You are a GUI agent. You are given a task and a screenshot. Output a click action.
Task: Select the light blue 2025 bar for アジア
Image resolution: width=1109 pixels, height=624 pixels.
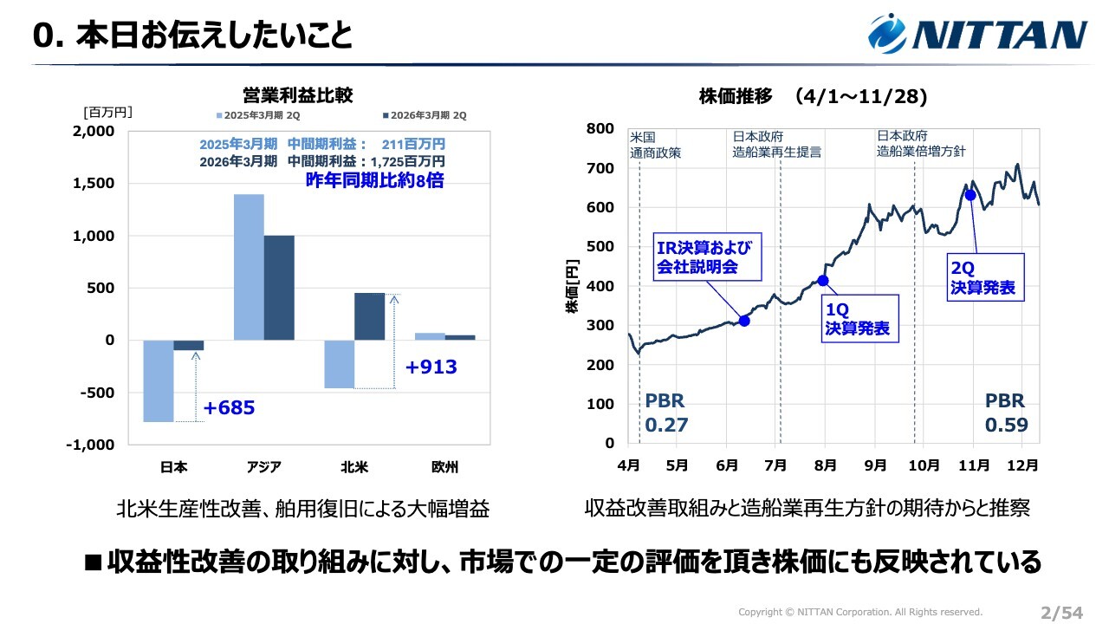tap(249, 267)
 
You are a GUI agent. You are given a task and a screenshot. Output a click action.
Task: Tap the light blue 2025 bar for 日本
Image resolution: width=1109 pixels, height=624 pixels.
tap(158, 380)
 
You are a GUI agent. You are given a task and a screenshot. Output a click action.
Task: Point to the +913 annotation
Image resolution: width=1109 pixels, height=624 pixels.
tap(431, 367)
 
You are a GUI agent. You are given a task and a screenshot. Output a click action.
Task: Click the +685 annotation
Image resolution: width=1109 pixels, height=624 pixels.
tap(229, 408)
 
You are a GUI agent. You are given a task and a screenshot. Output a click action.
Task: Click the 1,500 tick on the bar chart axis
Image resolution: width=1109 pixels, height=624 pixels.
tap(92, 184)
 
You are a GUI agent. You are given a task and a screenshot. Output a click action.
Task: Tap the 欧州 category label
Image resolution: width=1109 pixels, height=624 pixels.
tap(444, 467)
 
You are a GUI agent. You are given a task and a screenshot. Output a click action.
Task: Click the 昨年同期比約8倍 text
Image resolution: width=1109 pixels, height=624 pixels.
tap(374, 181)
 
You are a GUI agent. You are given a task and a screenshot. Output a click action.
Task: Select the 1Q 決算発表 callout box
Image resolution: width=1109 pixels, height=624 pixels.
tap(856, 318)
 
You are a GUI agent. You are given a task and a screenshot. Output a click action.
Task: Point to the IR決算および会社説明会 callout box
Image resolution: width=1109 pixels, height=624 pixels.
tap(708, 257)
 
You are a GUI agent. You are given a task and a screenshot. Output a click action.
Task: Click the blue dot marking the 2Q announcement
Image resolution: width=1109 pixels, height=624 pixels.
tap(970, 195)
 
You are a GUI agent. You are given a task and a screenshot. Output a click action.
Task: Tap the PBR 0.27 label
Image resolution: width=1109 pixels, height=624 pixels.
tap(665, 413)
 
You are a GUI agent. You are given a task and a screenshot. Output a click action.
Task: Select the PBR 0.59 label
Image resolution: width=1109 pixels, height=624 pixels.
tap(1006, 413)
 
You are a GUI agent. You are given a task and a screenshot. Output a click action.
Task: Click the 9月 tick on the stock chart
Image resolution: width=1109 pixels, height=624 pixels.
tap(875, 465)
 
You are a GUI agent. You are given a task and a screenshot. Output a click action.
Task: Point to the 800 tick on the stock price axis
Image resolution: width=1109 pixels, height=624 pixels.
tap(600, 129)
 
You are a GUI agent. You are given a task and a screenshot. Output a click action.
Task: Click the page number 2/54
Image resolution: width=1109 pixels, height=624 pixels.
tap(1061, 613)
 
